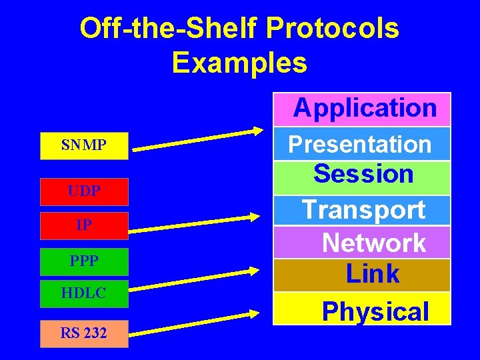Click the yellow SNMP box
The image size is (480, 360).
(84, 145)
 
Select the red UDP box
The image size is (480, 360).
(84, 191)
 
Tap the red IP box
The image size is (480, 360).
(84, 225)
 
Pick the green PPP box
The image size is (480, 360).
(84, 261)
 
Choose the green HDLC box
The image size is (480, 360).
(84, 293)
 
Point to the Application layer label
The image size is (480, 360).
(364, 108)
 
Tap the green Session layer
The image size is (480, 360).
(363, 175)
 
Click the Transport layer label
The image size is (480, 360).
(363, 209)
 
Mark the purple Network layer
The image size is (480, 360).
(373, 243)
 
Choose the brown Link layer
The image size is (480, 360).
(372, 274)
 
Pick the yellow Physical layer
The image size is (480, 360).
(375, 311)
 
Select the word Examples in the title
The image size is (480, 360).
(239, 63)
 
